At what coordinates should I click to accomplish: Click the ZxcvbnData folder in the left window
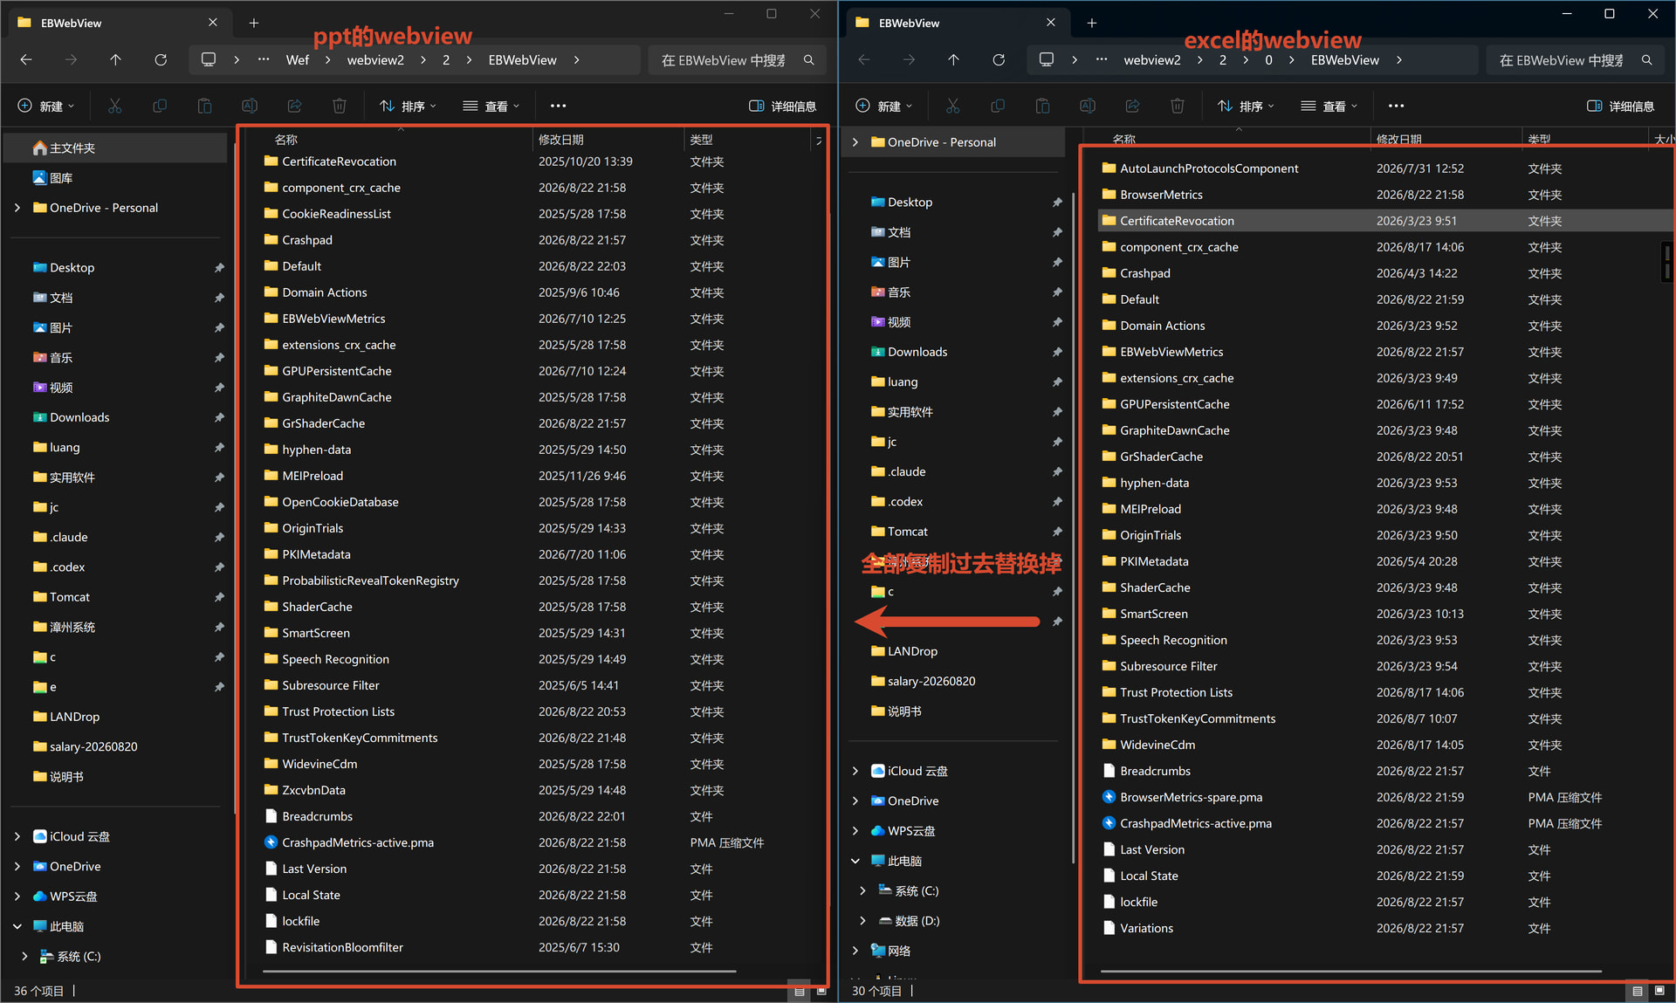(313, 790)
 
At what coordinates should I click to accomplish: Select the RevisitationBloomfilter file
(342, 947)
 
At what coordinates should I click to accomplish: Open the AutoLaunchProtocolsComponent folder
(1209, 168)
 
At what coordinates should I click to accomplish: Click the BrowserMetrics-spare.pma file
(1191, 797)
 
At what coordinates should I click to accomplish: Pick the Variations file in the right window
(1146, 928)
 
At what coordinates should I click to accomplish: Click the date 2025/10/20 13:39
(585, 161)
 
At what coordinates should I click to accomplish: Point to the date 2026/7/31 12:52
(1420, 168)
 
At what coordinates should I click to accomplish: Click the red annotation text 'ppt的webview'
(393, 36)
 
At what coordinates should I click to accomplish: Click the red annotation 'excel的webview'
(1273, 40)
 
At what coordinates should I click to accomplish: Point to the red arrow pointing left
(947, 622)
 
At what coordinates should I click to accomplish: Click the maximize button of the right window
(1610, 14)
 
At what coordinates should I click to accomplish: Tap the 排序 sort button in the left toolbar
(408, 106)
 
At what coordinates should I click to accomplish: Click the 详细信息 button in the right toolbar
(1620, 106)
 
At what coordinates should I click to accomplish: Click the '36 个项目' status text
(39, 991)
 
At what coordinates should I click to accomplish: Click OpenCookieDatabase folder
(340, 502)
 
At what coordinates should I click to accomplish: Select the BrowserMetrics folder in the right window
(1161, 195)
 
